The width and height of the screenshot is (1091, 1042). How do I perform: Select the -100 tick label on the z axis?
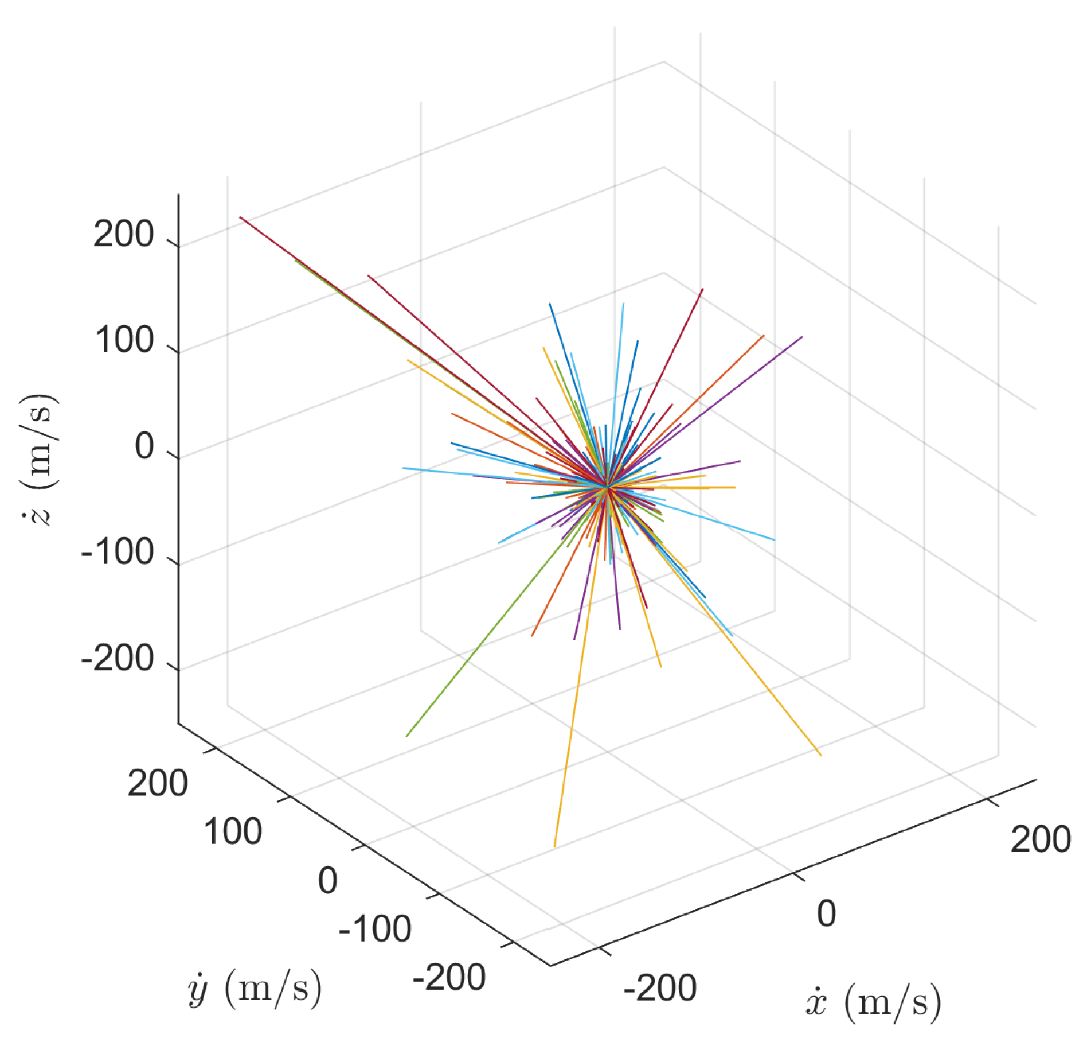pyautogui.click(x=118, y=552)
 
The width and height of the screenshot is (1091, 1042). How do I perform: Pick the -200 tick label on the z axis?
pyautogui.click(x=118, y=658)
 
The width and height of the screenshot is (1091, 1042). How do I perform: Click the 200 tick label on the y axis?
pyautogui.click(x=158, y=783)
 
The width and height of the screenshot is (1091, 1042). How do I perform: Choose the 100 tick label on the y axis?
pyautogui.click(x=233, y=831)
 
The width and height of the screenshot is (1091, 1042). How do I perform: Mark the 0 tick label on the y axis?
pyautogui.click(x=327, y=880)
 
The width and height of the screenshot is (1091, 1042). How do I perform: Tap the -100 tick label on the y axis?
pyautogui.click(x=375, y=928)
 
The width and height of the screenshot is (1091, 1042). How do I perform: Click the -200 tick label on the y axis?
pyautogui.click(x=449, y=977)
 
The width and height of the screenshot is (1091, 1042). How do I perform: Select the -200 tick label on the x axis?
pyautogui.click(x=660, y=988)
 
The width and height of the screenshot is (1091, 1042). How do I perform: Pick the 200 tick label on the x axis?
pyautogui.click(x=1041, y=839)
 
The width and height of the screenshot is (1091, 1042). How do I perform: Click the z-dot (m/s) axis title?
pyautogui.click(x=39, y=459)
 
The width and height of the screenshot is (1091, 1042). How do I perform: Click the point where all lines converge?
pyautogui.click(x=607, y=487)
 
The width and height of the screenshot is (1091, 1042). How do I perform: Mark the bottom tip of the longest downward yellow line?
pyautogui.click(x=554, y=846)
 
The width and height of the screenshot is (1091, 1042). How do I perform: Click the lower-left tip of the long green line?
pyautogui.click(x=406, y=736)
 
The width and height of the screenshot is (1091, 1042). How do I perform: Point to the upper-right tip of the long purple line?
pyautogui.click(x=802, y=337)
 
